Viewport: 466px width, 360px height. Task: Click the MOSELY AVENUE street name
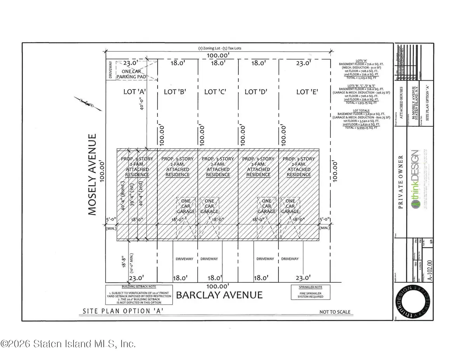coord(92,174)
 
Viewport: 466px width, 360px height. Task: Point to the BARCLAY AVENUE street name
coord(219,295)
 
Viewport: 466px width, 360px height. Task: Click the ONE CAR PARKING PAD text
coord(133,74)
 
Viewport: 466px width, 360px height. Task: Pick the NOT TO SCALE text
coord(334,312)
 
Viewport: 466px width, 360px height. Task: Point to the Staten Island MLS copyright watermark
coord(68,344)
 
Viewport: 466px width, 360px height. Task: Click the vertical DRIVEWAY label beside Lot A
coord(110,70)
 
